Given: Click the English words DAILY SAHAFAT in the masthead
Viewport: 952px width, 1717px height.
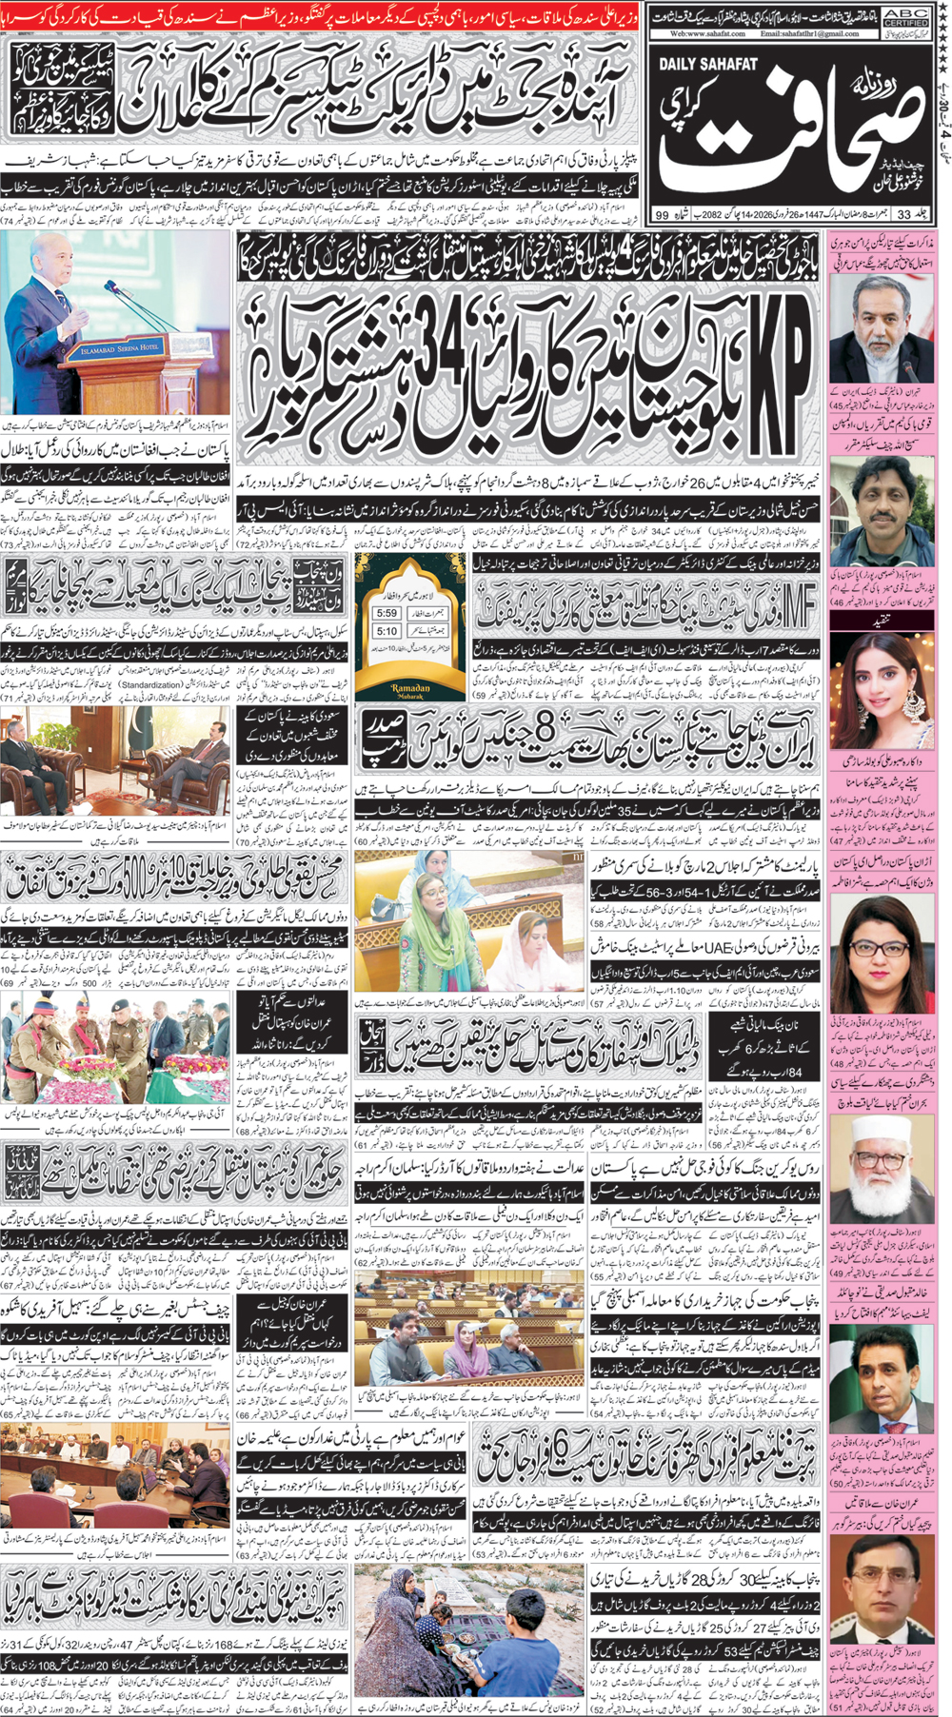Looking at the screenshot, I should pos(707,64).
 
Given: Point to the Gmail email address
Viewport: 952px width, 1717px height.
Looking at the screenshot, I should pos(810,33).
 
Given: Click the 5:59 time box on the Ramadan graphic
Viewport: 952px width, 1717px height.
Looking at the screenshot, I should pos(387,614).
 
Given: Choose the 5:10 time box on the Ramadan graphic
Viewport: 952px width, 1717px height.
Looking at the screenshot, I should pos(387,631).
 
